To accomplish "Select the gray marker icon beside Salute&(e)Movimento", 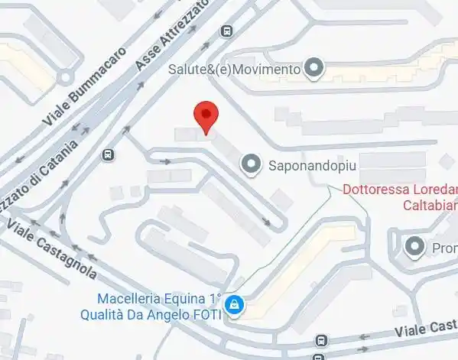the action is pos(313,70).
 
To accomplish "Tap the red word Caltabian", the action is pos(427,205).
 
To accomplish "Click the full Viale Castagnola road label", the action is pos(52,249).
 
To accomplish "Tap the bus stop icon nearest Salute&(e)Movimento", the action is pos(226,31).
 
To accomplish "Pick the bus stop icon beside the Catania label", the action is pos(109,155).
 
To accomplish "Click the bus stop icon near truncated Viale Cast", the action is pos(322,341).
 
